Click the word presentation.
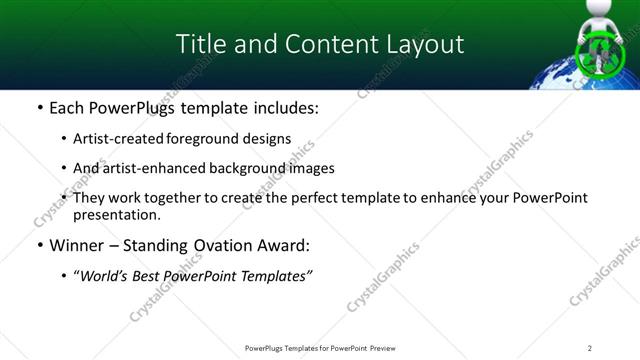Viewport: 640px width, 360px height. pyautogui.click(x=118, y=214)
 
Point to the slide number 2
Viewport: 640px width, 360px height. pyautogui.click(x=590, y=347)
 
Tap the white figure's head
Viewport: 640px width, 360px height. pyautogui.click(x=597, y=12)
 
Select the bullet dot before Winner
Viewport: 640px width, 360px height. pyautogui.click(x=39, y=246)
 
